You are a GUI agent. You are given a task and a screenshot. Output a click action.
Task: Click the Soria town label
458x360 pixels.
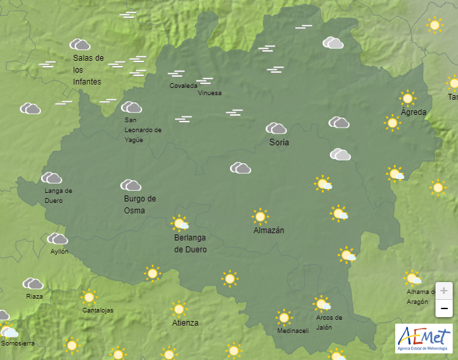coord(279,142)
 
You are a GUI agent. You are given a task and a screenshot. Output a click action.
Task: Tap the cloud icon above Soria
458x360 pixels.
coord(276,128)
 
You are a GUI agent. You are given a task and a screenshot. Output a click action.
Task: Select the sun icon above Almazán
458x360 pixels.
coord(260,216)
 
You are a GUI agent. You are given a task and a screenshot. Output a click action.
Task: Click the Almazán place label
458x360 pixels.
coord(268,231)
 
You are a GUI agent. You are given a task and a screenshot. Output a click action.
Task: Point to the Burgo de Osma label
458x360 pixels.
coord(139,204)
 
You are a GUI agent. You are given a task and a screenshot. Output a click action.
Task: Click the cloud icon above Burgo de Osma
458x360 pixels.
coord(130,185)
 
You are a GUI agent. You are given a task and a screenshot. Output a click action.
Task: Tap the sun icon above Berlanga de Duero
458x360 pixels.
coord(179,223)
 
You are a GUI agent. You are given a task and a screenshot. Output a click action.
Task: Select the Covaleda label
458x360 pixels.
coord(183,86)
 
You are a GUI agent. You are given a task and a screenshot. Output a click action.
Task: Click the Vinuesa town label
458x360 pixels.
coord(210,93)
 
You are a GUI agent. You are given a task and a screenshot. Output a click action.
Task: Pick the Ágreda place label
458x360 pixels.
coord(414,112)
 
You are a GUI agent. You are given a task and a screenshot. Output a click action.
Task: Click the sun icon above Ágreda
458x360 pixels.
coord(407,98)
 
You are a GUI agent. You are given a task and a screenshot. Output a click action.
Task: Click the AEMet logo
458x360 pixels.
coord(424,338)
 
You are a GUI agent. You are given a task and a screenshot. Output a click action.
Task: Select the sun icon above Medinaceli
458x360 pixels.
coord(284,317)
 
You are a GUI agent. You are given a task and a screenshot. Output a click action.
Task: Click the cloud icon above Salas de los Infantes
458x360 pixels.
coord(81,44)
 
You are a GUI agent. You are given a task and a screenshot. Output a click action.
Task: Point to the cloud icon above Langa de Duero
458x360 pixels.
coord(52,178)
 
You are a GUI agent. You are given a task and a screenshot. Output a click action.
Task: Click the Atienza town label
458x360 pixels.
coord(185,323)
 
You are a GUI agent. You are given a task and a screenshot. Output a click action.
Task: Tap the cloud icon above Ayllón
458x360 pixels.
coord(57,238)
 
